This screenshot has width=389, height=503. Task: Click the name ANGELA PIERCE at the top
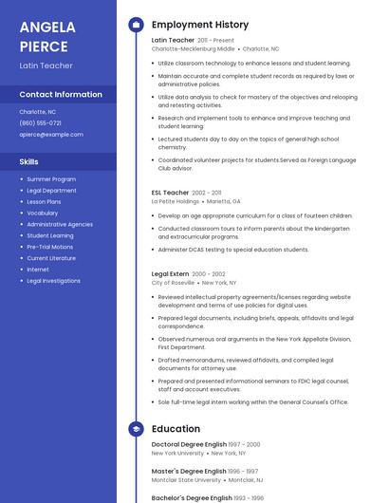click(x=45, y=36)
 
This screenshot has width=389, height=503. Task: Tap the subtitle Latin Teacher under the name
click(x=46, y=65)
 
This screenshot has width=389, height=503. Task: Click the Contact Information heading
click(x=61, y=95)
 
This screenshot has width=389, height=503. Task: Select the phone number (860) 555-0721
click(x=40, y=123)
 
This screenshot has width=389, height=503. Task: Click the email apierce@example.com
click(x=51, y=135)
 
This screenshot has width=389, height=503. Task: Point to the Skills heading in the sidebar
click(x=28, y=161)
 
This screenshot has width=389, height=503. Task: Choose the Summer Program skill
click(x=51, y=179)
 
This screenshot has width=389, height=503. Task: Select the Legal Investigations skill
click(x=53, y=281)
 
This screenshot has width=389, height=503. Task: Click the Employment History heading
click(x=199, y=25)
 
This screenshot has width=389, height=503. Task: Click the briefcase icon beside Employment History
click(x=136, y=25)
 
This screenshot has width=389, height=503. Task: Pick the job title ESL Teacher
click(x=171, y=193)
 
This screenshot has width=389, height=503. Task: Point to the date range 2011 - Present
click(x=215, y=41)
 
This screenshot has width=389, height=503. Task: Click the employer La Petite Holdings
click(x=176, y=201)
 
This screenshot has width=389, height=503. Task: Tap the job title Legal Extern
click(x=171, y=273)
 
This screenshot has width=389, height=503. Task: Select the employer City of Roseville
click(x=173, y=283)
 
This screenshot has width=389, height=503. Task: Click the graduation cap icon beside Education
click(x=136, y=429)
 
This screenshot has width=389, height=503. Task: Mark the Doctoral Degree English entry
click(x=189, y=444)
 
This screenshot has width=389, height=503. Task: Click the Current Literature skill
click(x=51, y=258)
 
